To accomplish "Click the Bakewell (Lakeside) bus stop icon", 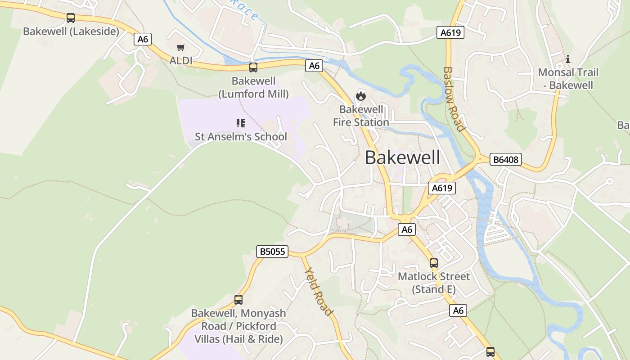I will (71, 18).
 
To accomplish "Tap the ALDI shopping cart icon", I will (181, 47).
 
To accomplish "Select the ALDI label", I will (181, 60).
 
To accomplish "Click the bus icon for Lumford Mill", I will (253, 67).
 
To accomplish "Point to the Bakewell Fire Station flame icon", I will (360, 96).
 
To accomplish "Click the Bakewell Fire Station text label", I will (361, 116).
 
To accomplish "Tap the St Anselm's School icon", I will (241, 123).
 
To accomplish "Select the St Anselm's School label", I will (241, 136).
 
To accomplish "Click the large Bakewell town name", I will (402, 157).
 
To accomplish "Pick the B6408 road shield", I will (505, 159).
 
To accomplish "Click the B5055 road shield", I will (273, 251).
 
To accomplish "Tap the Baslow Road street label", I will (454, 99).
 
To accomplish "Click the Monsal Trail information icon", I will (568, 59).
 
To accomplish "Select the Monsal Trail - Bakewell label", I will (568, 79).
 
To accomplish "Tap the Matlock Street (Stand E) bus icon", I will (434, 263).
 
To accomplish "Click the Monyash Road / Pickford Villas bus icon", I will (238, 300).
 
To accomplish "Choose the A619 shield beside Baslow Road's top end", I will (450, 32).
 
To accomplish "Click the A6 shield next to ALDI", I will (143, 39).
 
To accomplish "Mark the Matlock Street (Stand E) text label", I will (434, 283).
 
